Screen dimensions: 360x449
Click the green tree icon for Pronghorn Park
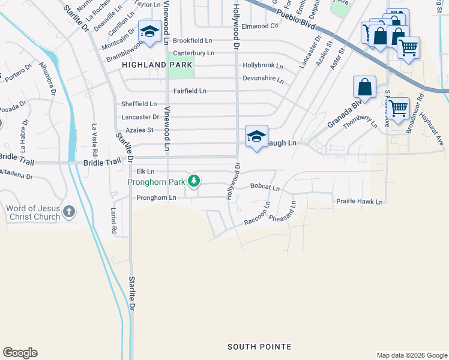tap(193, 180)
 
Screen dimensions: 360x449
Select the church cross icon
tap(69, 211)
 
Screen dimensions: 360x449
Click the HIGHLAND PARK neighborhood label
tap(157, 65)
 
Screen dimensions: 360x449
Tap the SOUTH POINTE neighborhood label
tap(259, 347)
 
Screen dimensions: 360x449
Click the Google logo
tap(20, 353)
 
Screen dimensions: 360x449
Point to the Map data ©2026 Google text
tap(411, 355)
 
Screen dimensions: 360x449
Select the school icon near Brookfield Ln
tap(149, 31)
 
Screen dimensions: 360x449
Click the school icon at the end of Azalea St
tap(256, 137)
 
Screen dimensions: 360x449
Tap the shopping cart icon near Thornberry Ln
tap(398, 109)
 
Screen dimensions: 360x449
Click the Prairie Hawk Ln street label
tap(359, 202)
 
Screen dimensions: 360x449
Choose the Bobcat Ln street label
tap(265, 188)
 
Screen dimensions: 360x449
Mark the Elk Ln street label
tap(142, 171)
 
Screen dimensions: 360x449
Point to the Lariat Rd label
tap(113, 220)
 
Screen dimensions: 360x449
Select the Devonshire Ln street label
tap(263, 79)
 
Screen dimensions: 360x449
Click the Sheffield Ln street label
tap(139, 104)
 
